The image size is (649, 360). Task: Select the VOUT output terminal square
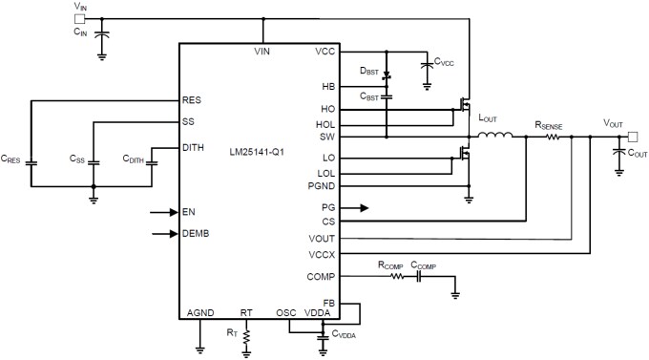pyautogui.click(x=631, y=136)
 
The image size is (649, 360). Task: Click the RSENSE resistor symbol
pyautogui.click(x=554, y=137)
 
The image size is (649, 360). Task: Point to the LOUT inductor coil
pyautogui.click(x=494, y=136)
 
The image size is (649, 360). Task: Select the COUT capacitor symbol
pyautogui.click(x=618, y=150)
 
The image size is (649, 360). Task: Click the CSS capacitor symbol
pyautogui.click(x=94, y=163)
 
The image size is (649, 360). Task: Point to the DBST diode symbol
pyautogui.click(x=387, y=74)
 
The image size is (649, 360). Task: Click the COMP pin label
pyautogui.click(x=320, y=277)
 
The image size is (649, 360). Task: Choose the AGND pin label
pyautogui.click(x=200, y=311)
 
